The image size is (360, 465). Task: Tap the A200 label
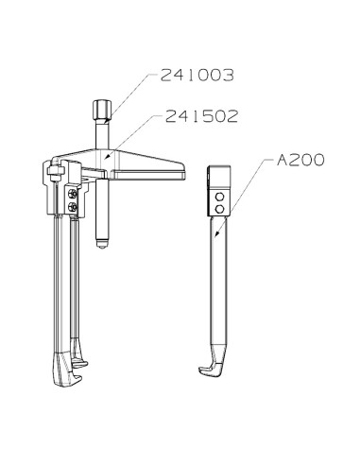coord(301,160)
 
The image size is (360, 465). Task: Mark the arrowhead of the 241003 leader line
coord(105,124)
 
